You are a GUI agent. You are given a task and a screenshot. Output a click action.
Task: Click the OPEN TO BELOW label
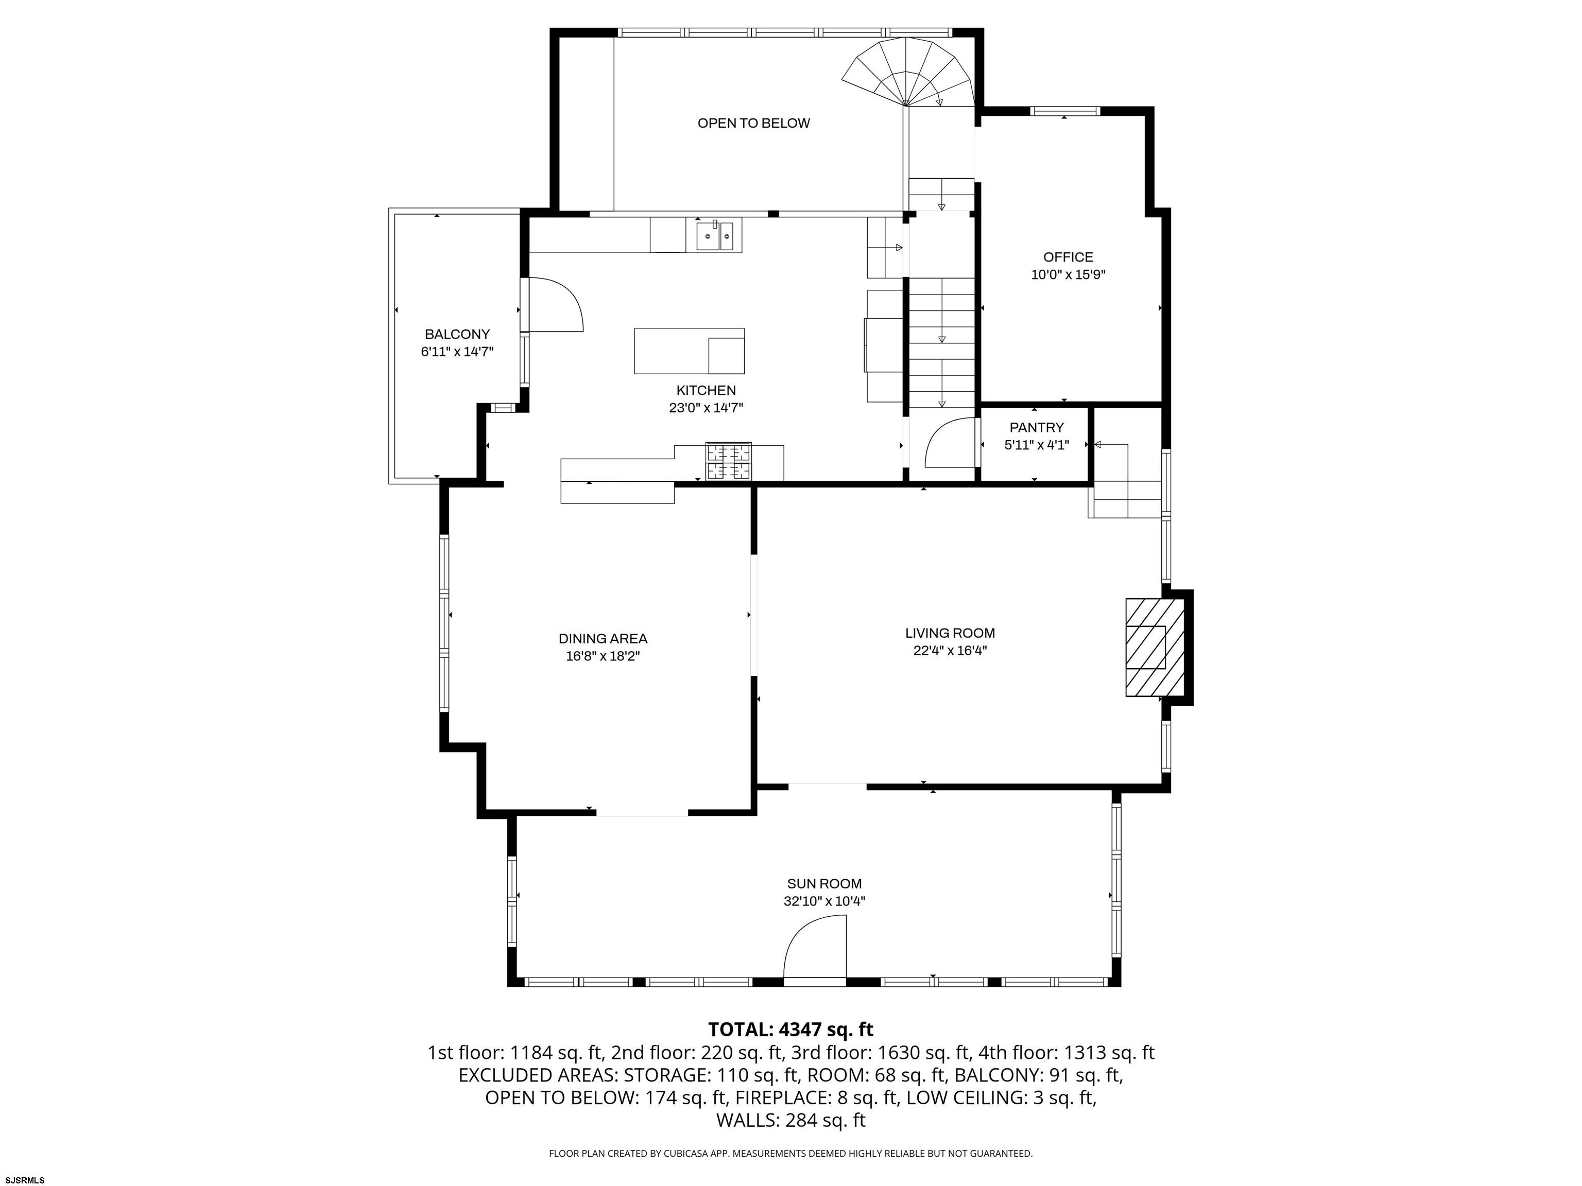click(x=754, y=123)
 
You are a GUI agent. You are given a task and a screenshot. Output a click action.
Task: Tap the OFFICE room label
click(x=1068, y=257)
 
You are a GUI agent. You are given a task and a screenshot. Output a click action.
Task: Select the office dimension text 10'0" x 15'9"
click(x=1068, y=274)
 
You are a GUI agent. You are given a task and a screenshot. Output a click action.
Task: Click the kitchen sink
click(x=715, y=235)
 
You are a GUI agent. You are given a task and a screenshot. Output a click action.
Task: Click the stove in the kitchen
click(x=729, y=461)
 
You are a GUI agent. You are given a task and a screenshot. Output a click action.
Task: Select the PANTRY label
click(x=1036, y=427)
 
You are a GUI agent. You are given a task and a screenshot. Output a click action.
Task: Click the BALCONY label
click(x=457, y=334)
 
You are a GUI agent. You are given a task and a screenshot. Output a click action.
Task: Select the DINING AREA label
click(x=603, y=638)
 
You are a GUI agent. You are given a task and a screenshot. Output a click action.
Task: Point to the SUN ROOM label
click(x=824, y=884)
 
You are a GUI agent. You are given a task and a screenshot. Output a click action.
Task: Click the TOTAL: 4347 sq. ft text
click(x=790, y=1030)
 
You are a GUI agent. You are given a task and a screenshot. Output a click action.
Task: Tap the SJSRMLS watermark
click(x=25, y=1180)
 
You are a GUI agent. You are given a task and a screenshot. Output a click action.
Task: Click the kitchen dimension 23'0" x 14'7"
click(x=706, y=408)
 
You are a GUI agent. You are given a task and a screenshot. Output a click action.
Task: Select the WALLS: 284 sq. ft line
click(x=790, y=1120)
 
